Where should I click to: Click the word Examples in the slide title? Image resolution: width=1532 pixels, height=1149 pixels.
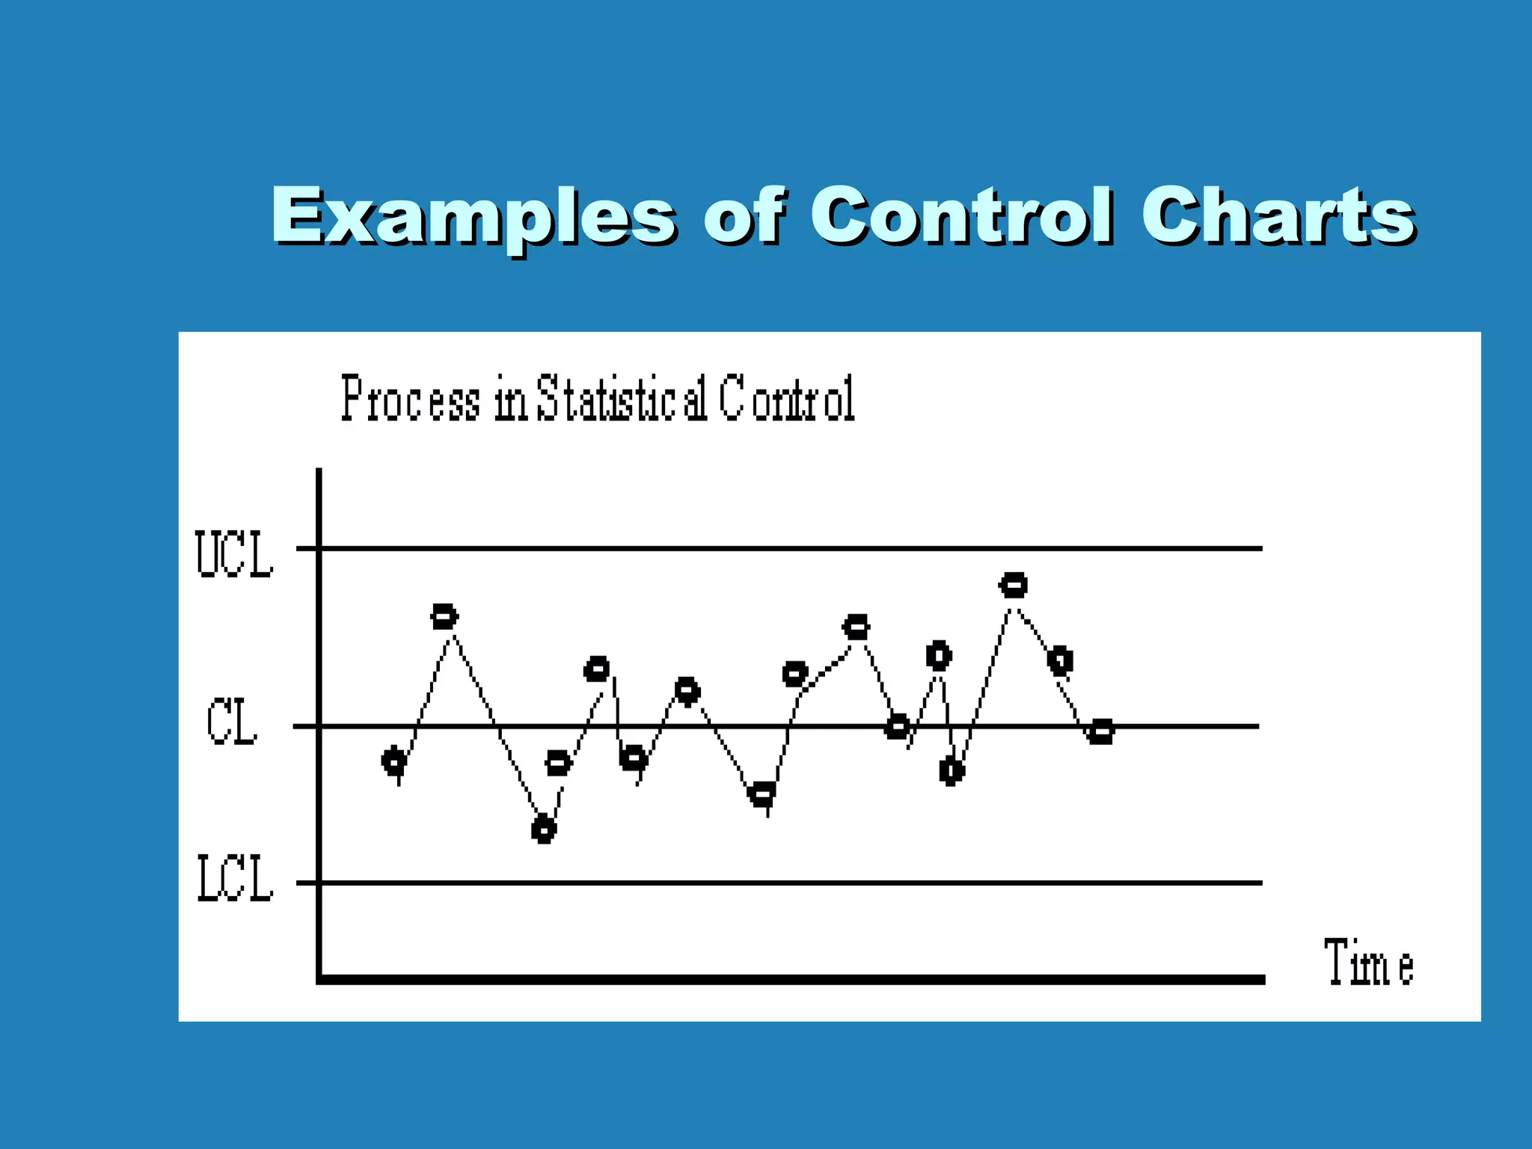point(473,217)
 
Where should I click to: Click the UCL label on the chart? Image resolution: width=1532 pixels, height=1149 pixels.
point(234,554)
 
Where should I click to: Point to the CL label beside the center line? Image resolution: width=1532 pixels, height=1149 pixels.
point(232,722)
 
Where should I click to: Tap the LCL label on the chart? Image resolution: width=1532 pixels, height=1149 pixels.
point(235,879)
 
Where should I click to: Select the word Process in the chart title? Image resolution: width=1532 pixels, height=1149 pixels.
point(411,399)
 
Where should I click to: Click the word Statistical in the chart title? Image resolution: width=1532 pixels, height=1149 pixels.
point(622,399)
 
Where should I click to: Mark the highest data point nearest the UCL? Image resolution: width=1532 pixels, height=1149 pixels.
point(1014,585)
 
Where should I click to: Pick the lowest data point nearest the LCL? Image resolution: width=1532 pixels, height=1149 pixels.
point(544,830)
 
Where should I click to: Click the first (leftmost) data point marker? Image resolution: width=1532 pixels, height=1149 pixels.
point(394,762)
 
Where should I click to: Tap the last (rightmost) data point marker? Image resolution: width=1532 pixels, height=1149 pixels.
point(1101,731)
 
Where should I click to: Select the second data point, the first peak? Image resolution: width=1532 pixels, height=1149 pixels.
point(444,617)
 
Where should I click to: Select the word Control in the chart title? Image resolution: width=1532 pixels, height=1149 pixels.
point(788,399)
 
